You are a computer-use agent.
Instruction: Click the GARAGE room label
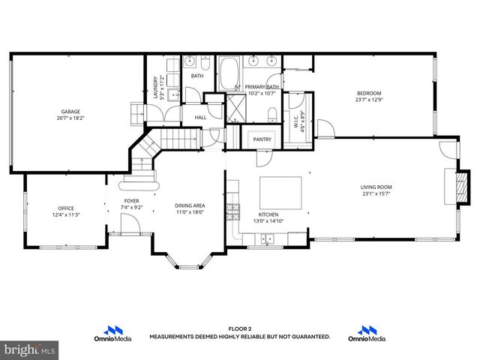click(x=70, y=112)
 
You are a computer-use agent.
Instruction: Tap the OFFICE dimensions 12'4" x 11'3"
click(x=67, y=215)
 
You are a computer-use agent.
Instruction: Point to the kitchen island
click(x=281, y=193)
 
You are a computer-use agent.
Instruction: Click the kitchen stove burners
click(x=234, y=210)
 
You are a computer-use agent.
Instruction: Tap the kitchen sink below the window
click(x=267, y=240)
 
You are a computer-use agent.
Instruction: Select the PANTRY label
click(x=262, y=139)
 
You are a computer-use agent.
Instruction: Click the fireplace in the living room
click(x=450, y=187)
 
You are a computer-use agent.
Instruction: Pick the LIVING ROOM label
click(x=376, y=187)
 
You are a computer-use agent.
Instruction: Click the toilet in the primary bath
click(x=271, y=113)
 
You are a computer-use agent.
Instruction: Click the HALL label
click(x=200, y=118)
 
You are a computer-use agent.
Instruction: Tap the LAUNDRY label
click(x=156, y=87)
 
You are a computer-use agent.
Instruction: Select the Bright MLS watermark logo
click(x=29, y=349)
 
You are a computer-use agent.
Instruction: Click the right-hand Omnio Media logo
click(x=367, y=334)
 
